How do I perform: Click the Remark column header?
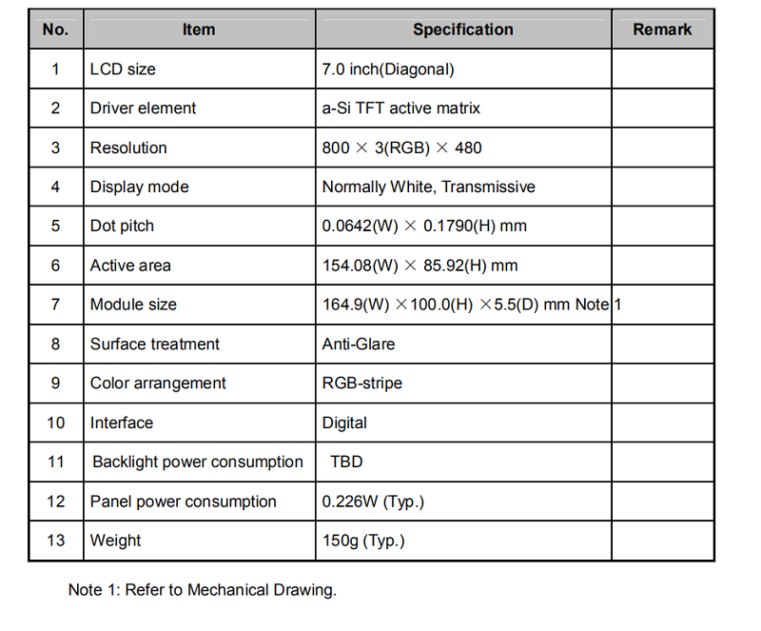point(662,30)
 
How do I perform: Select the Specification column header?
point(462,30)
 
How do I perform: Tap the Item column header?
point(199,30)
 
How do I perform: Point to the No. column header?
point(55,30)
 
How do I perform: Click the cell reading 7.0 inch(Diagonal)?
point(388,69)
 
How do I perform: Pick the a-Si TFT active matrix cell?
point(401,108)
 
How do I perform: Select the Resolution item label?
point(128,148)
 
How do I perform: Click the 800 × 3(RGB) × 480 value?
point(402,148)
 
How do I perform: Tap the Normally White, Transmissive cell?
point(428,187)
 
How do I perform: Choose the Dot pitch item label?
point(122,227)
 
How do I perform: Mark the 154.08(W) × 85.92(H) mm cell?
point(420,266)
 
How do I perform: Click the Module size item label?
point(133,305)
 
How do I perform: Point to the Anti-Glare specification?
point(359,345)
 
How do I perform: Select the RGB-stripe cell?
point(362,384)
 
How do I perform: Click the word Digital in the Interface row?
point(344,423)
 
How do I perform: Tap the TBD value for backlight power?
point(346,463)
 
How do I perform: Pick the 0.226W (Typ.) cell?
point(373,502)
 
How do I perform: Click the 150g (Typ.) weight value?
point(363,541)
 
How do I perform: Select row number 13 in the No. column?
point(55,541)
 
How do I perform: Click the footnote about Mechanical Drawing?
point(202,590)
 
